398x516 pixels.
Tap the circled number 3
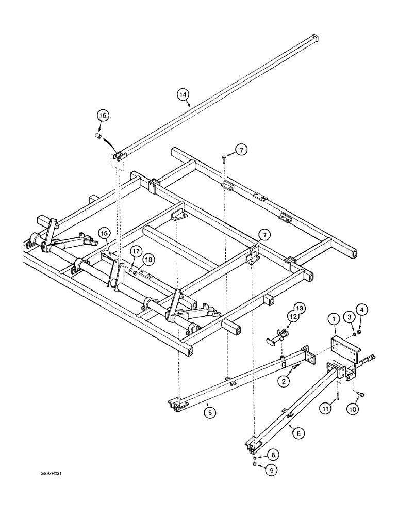coord(349,316)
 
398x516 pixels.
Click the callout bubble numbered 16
coord(103,116)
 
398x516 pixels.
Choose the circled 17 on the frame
coord(135,252)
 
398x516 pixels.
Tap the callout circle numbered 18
coord(147,260)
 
